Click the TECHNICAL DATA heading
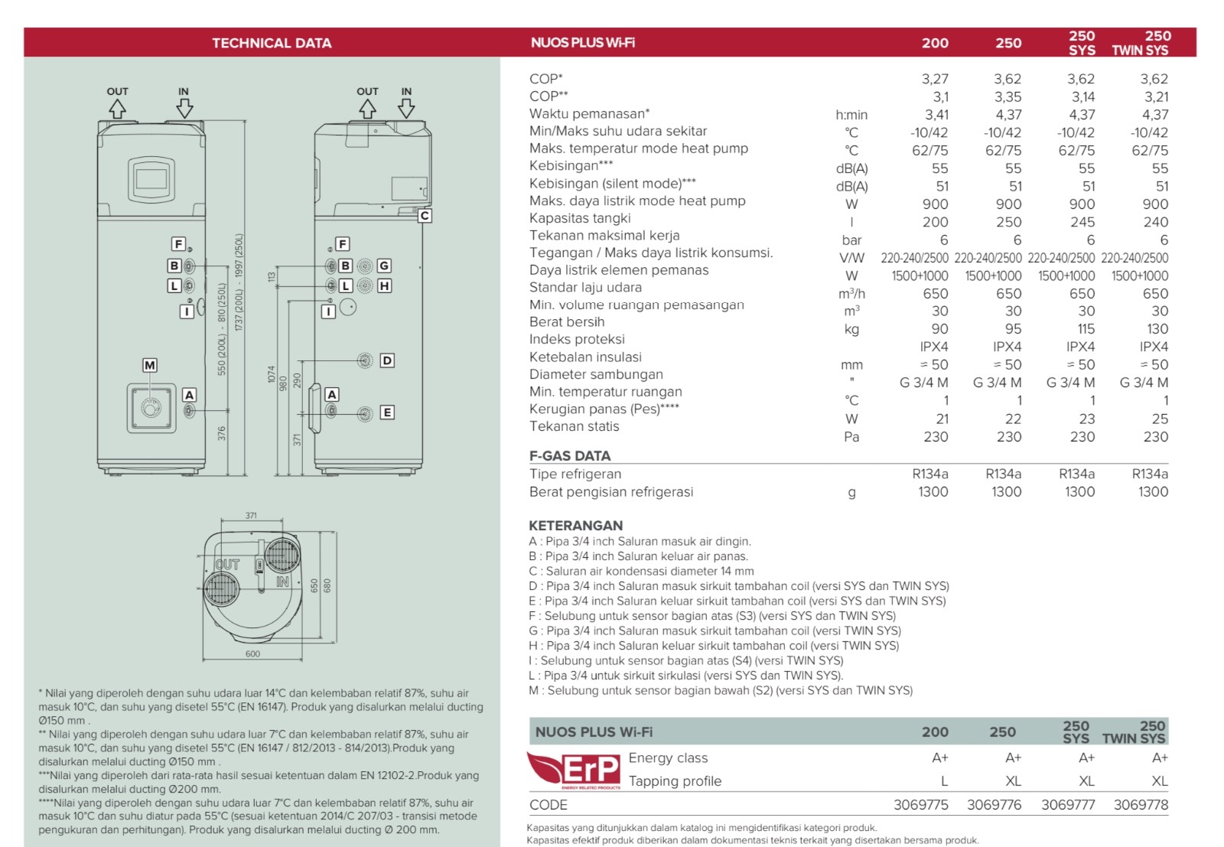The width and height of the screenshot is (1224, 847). pos(272,43)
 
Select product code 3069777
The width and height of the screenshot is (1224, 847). pos(1068,805)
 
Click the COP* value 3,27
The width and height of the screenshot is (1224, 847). pos(935,79)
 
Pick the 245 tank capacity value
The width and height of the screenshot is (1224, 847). pos(1082,222)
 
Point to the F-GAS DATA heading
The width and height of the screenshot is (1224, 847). pos(570,456)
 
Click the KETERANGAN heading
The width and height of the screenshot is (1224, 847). pos(575,526)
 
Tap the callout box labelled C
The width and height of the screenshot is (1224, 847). pos(425,216)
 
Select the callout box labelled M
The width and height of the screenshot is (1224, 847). pos(150,366)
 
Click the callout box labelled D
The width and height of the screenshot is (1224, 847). pos(387,360)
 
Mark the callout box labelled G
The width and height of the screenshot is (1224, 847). pos(384,266)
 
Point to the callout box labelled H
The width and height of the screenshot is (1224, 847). pos(384,285)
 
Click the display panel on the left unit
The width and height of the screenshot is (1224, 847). pos(151,179)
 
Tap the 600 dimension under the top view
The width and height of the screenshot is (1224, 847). pos(252,654)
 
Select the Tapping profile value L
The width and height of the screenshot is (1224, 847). pos(944,781)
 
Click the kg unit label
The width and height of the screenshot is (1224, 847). pos(851,329)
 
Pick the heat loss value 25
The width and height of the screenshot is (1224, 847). pos(1160,419)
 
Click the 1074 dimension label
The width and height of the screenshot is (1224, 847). pos(272,374)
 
